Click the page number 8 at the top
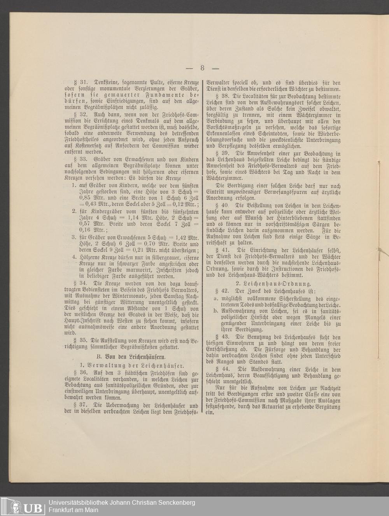pos(202,68)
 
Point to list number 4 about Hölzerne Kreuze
pos(74,257)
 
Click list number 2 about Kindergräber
pos(74,212)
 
